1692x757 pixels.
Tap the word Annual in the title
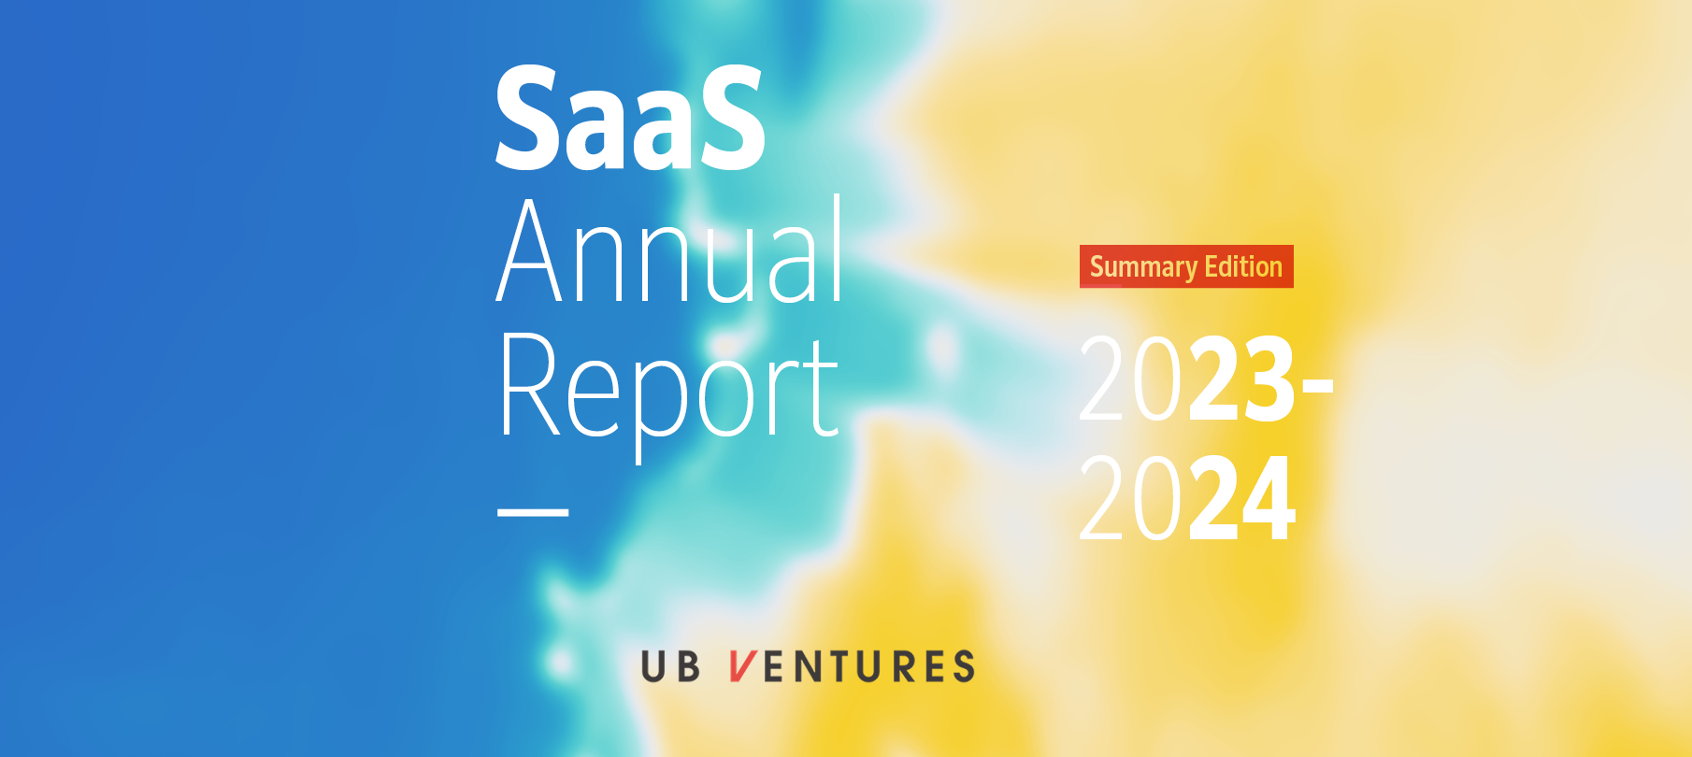(670, 250)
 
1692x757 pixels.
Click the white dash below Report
(533, 512)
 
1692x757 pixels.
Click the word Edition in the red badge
(1243, 266)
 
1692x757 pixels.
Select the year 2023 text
(1187, 378)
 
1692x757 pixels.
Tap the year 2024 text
(1187, 498)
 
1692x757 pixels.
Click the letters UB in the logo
(670, 666)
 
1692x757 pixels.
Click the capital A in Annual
(529, 250)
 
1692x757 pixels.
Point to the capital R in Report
(529, 384)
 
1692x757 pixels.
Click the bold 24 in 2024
(1241, 498)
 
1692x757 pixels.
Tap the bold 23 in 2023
(1241, 378)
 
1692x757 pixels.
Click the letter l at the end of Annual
(838, 248)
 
